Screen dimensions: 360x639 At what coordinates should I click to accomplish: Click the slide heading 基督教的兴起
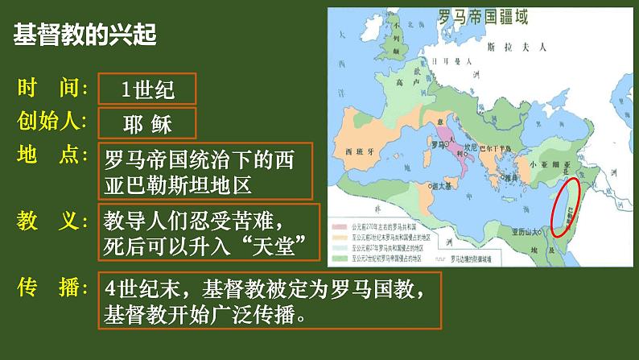tap(84, 35)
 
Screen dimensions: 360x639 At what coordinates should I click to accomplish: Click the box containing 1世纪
tap(147, 89)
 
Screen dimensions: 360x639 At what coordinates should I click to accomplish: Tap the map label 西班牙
tap(359, 151)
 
